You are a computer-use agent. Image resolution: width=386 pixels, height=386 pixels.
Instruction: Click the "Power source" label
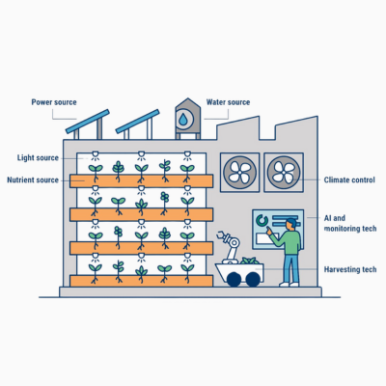tap(54, 102)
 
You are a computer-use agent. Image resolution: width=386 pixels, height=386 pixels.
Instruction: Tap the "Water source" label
tap(228, 102)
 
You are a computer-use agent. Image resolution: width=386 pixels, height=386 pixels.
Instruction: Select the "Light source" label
tap(38, 158)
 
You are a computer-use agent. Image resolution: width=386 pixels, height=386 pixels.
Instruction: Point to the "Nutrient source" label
tap(33, 179)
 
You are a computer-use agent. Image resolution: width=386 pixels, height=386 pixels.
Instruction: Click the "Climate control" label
tap(349, 179)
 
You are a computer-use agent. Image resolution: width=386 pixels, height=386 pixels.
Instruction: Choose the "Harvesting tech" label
tap(350, 269)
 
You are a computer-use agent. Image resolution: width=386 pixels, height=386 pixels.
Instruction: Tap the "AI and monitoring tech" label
tap(350, 223)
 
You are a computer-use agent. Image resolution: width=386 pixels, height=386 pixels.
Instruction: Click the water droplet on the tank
tap(183, 120)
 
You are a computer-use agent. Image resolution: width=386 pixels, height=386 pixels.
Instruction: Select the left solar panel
tap(88, 122)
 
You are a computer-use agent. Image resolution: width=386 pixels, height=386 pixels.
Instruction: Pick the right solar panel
tap(137, 122)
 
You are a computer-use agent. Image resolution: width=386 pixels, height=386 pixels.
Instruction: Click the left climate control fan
tap(239, 173)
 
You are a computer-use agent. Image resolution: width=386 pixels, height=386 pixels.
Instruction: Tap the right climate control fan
tap(284, 173)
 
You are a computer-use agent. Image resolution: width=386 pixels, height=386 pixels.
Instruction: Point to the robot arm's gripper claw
tap(222, 236)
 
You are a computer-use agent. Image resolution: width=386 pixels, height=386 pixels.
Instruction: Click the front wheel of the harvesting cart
tap(234, 279)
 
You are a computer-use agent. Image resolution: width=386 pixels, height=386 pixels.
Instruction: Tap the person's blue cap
tap(291, 222)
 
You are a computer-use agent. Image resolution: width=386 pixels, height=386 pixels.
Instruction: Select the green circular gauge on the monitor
tap(262, 221)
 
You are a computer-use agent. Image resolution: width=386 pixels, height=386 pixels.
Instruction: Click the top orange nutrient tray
tap(141, 180)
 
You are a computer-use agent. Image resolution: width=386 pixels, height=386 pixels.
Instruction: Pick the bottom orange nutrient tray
tap(141, 281)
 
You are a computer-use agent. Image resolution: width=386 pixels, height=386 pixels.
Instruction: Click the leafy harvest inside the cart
tap(249, 261)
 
